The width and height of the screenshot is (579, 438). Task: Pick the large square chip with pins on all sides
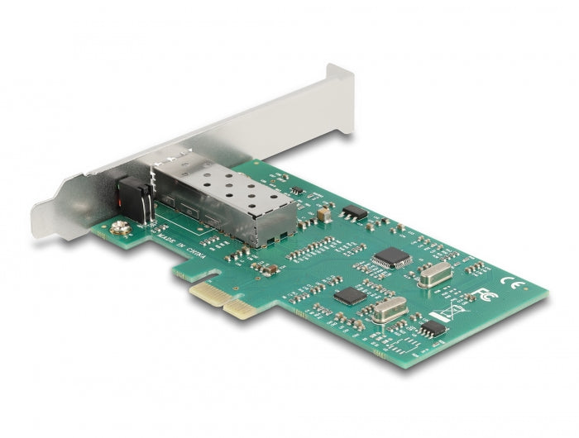point(391,258)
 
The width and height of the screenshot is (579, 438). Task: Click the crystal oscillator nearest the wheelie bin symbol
point(386,310)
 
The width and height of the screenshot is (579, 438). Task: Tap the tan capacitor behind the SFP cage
point(323,215)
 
